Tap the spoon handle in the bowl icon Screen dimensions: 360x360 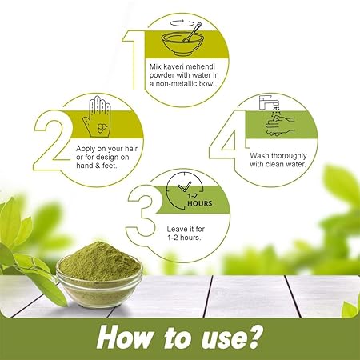point(193,31)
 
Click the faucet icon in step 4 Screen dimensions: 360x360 point(269,102)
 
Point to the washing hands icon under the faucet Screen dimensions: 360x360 point(280,126)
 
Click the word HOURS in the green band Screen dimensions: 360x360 point(200,203)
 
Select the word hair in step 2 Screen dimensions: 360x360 point(131,149)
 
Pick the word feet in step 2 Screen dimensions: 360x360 point(109,166)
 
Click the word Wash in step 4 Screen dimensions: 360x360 point(259,155)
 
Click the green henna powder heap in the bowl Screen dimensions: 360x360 point(99,261)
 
